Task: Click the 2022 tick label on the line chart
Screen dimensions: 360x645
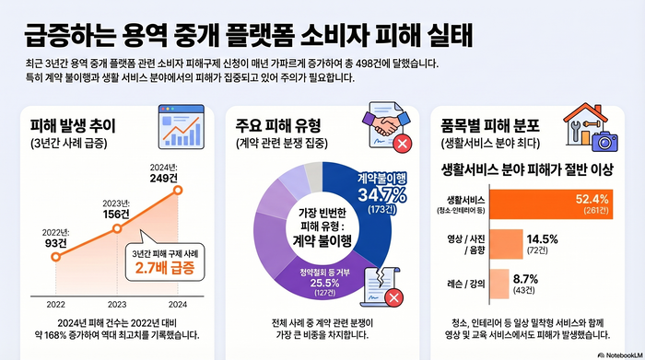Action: (x=56, y=303)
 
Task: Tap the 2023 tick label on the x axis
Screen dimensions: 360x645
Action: (x=117, y=303)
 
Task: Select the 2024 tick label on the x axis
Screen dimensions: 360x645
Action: (x=178, y=303)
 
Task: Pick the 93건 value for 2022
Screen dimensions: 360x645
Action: (x=55, y=242)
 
